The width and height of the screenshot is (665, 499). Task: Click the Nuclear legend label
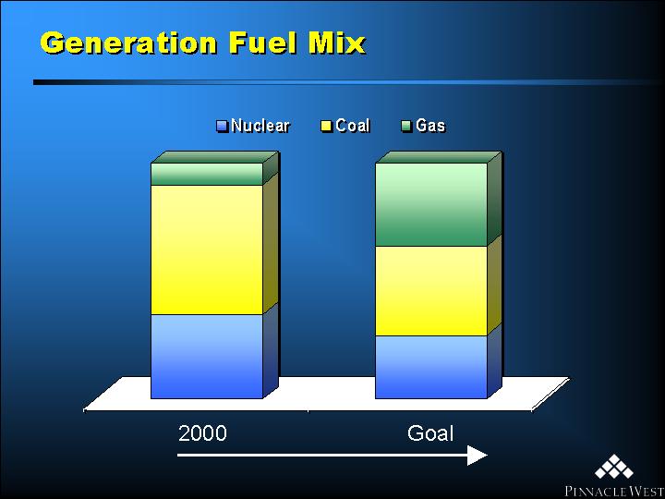260,126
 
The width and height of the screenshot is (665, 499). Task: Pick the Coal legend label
353,126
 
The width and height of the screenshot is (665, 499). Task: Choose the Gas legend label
430,126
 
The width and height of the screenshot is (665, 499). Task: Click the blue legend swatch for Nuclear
223,127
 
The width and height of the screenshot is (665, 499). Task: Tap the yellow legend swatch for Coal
327,127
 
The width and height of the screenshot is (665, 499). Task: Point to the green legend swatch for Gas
406,127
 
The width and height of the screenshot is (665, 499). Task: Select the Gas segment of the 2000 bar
207,174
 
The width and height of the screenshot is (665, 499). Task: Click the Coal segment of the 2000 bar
207,249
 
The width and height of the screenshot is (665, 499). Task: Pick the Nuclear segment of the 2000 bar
207,357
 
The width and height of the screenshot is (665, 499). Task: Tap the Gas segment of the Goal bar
431,204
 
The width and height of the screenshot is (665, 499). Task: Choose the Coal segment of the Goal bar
431,291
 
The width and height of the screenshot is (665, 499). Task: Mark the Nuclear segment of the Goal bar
431,367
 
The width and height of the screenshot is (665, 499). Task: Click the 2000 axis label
202,433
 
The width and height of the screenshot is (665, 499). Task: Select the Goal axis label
430,433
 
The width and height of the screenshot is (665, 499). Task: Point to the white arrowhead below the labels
478,456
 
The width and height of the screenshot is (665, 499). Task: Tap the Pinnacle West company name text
614,492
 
